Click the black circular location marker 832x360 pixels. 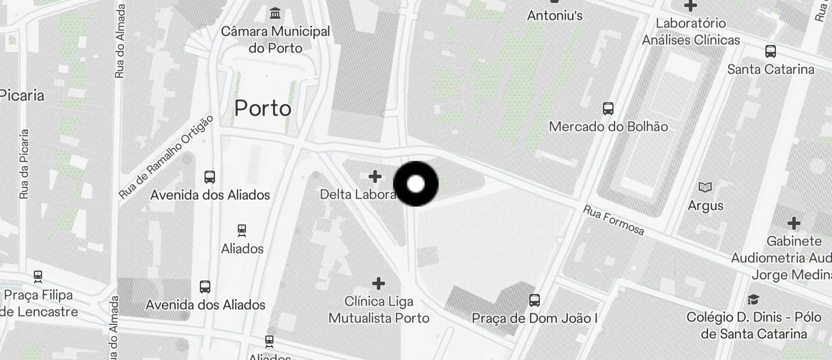click(415, 184)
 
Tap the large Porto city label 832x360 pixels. click(263, 108)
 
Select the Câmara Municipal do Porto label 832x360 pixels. click(275, 39)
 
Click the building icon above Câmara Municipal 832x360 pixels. click(275, 13)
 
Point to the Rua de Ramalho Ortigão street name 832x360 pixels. click(167, 156)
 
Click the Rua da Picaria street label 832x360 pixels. click(23, 164)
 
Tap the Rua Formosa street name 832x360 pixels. click(613, 220)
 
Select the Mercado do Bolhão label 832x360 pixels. click(608, 126)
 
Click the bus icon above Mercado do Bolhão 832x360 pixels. click(608, 108)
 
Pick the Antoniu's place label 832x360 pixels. click(554, 16)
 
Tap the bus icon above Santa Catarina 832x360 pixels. click(771, 51)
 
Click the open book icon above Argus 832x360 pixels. click(705, 188)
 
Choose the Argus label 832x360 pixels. click(705, 206)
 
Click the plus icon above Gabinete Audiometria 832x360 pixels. click(793, 223)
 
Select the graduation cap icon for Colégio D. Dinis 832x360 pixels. click(754, 300)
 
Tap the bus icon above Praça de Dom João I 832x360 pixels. click(535, 300)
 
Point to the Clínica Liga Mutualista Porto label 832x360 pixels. click(379, 310)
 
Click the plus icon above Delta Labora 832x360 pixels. click(375, 176)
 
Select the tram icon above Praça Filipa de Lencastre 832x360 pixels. click(38, 276)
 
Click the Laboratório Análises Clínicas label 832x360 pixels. click(691, 32)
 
